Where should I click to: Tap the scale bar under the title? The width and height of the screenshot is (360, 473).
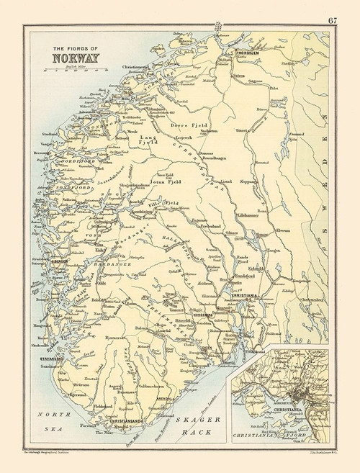click(75, 71)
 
